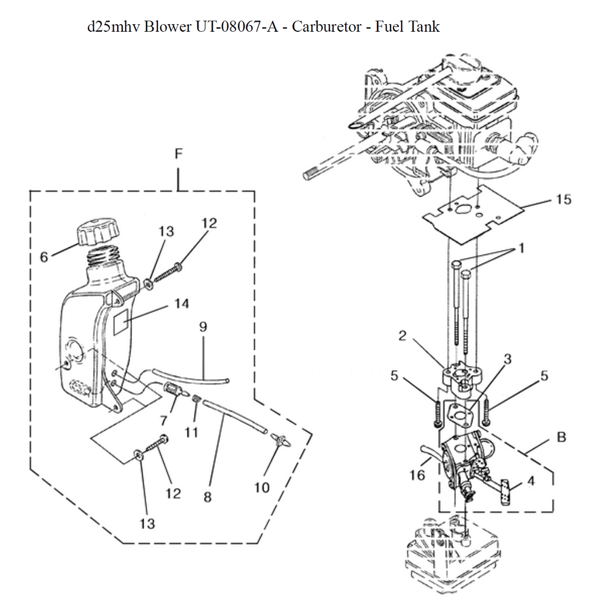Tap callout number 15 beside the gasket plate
[563, 199]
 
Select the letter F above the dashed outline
[178, 154]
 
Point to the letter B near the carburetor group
[561, 437]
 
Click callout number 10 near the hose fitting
[262, 487]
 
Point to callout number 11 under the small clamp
[190, 432]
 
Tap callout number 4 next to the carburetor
[531, 480]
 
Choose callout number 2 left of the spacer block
[403, 336]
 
